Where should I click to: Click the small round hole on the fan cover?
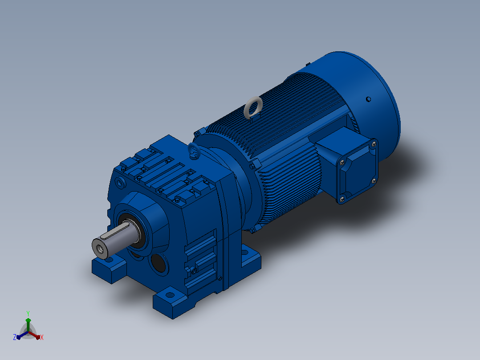(x=369, y=99)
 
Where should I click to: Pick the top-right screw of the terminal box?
(x=374, y=144)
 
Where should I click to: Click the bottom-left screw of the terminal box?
(x=342, y=200)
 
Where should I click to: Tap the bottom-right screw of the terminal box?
(x=374, y=181)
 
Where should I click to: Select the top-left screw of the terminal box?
(x=342, y=162)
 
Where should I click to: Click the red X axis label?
(x=42, y=337)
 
